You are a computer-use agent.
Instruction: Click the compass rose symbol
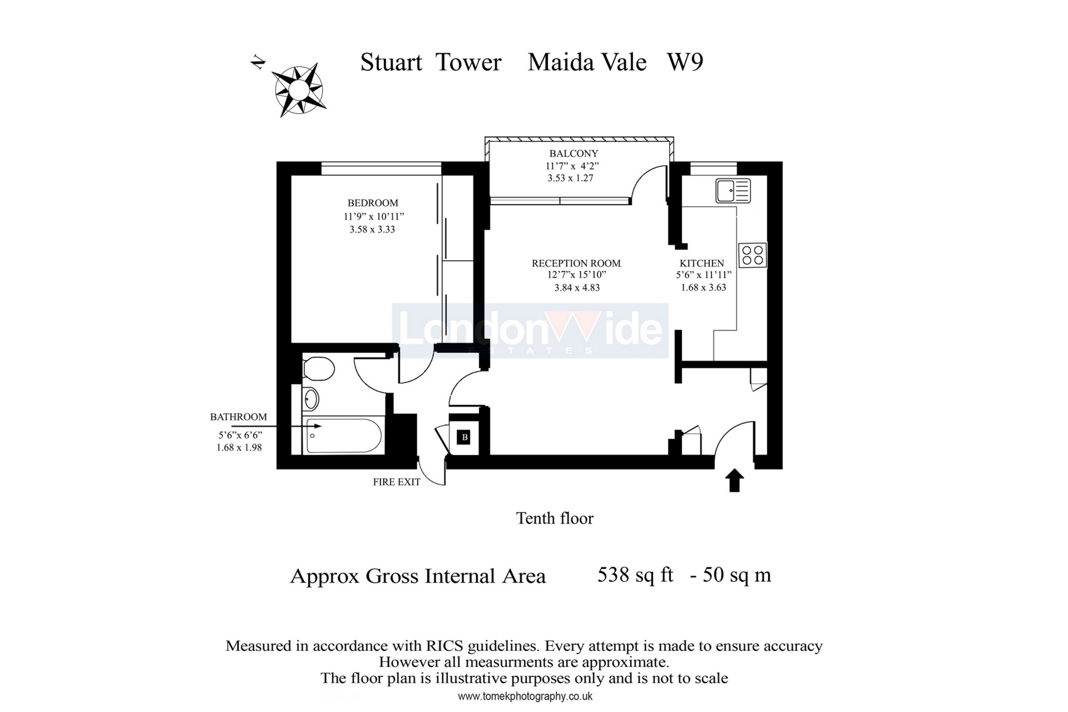[299, 90]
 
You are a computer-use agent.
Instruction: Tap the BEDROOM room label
[373, 203]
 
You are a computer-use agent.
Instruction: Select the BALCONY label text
[573, 154]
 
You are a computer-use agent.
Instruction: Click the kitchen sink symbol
[733, 191]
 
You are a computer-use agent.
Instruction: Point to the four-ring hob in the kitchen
[752, 255]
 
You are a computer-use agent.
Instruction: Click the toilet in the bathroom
[318, 369]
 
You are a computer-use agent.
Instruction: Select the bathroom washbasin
[311, 399]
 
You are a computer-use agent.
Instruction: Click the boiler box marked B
[464, 437]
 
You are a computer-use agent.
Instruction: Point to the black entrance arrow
[734, 480]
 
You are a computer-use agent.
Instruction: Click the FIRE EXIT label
[396, 482]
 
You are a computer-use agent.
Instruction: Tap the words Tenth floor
[555, 518]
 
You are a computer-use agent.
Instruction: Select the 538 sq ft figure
[635, 575]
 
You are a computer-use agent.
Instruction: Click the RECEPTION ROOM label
[576, 263]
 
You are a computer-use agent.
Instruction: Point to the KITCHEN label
[701, 263]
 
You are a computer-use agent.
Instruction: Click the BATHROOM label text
[238, 417]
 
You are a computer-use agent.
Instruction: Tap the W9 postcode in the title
[685, 62]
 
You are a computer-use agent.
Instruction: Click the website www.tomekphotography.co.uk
[525, 696]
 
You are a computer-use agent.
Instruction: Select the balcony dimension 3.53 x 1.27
[570, 178]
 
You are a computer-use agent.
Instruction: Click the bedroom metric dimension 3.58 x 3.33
[372, 229]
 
